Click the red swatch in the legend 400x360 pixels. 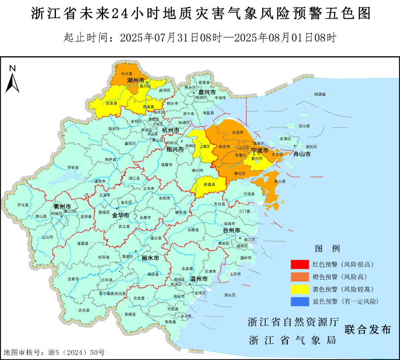300,264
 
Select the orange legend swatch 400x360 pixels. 300,277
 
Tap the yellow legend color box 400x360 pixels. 300,289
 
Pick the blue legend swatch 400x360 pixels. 300,301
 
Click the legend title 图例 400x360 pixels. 327,248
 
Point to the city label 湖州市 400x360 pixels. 136,80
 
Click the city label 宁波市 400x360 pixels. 260,150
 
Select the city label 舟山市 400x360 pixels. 302,154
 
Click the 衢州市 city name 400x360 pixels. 62,206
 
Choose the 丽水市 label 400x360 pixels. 150,258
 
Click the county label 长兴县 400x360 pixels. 126,74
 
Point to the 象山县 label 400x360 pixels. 280,181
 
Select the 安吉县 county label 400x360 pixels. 111,103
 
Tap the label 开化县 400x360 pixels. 23,205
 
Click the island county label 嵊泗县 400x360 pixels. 320,94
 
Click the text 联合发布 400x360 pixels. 367,329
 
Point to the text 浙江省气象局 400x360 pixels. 293,340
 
